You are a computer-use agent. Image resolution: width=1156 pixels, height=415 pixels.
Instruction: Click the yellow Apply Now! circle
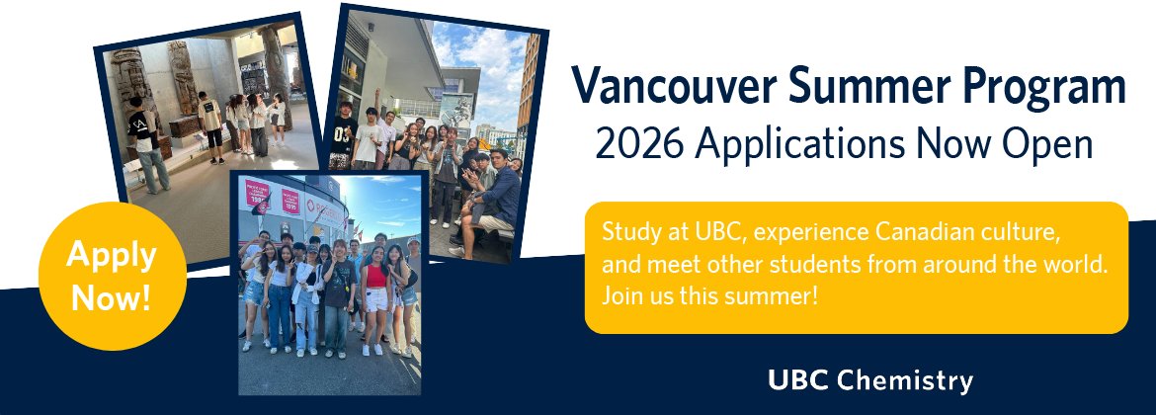click(x=111, y=276)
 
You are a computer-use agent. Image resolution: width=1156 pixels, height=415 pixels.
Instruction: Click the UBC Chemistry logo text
click(x=869, y=380)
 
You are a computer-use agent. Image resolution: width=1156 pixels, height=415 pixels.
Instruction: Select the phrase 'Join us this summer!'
click(x=709, y=295)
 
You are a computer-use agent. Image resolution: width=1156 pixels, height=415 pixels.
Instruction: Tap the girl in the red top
click(x=376, y=296)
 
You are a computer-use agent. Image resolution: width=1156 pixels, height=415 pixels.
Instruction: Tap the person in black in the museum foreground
click(x=146, y=143)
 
